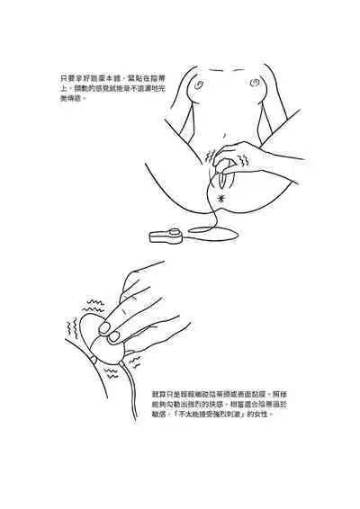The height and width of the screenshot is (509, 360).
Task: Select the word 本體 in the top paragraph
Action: pyautogui.click(x=109, y=76)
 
